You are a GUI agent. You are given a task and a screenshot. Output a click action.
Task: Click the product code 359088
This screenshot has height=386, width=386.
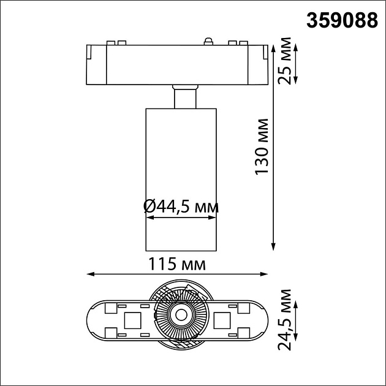click(342, 21)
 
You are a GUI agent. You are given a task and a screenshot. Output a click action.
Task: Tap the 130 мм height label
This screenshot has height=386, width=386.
click(262, 145)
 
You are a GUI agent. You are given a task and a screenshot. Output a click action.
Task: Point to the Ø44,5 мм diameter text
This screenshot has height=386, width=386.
click(181, 207)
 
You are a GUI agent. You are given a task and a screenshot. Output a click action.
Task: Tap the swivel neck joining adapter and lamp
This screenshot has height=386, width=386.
click(185, 97)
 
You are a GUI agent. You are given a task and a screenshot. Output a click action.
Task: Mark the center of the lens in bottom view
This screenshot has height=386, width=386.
click(181, 315)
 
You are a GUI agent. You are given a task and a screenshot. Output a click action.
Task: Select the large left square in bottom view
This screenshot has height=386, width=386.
click(133, 319)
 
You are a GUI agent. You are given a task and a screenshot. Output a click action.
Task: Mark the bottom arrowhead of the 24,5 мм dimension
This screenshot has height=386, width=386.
click(296, 336)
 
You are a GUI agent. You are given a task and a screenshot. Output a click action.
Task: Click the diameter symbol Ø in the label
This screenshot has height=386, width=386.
click(149, 207)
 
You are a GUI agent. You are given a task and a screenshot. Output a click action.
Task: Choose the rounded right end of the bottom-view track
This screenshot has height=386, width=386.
click(265, 319)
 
